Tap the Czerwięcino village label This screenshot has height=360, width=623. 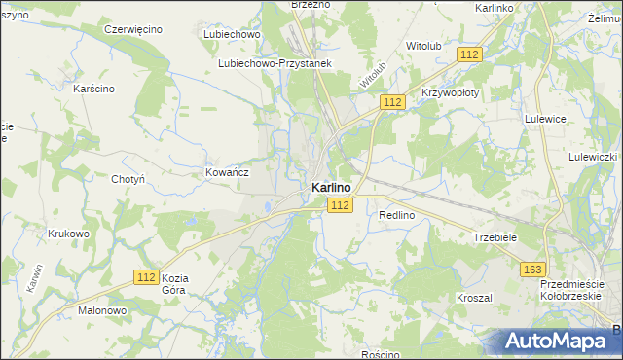point(132,29)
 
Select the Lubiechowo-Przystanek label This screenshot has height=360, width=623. point(275,64)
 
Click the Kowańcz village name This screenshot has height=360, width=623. point(228,171)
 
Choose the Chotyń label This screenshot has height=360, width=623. point(128,179)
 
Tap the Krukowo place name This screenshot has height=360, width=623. point(68,234)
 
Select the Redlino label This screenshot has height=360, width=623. point(397,215)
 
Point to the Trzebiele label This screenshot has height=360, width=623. point(495,236)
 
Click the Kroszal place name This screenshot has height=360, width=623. point(474,297)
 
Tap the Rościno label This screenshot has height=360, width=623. point(380,354)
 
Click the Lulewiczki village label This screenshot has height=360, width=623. point(594,157)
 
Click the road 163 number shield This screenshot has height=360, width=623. point(532,270)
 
